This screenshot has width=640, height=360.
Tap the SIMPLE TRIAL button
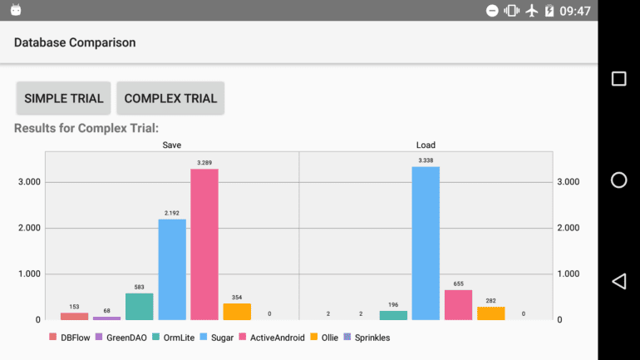(64, 98)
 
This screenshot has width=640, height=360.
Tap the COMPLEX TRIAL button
(170, 98)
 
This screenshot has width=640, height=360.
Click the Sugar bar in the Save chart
(172, 269)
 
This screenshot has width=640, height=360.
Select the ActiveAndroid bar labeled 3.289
(204, 244)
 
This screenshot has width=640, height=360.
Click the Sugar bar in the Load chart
(426, 243)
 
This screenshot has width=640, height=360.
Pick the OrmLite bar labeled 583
(140, 306)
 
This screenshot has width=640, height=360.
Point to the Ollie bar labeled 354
(237, 311)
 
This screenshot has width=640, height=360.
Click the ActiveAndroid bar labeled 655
(458, 304)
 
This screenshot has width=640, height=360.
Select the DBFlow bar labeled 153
(75, 316)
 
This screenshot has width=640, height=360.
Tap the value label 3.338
(426, 160)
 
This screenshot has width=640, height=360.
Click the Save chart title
(172, 145)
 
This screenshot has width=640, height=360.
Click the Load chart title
(426, 145)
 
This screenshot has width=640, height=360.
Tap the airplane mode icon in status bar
(532, 11)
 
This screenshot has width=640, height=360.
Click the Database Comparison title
(75, 42)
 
